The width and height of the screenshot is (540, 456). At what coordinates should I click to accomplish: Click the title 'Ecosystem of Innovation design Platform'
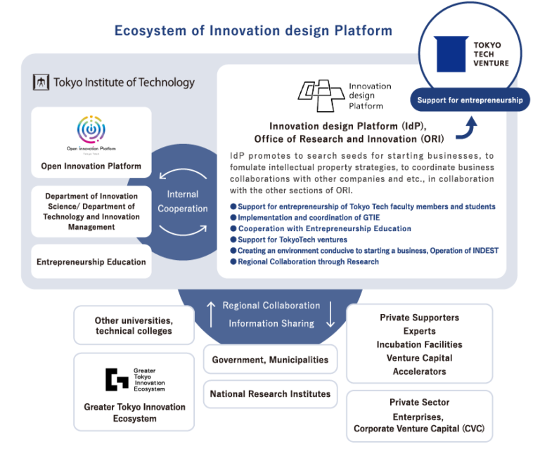253,31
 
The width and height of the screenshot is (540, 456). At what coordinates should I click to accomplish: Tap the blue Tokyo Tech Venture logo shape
451,54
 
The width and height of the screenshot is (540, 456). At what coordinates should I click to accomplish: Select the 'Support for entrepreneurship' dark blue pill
470,100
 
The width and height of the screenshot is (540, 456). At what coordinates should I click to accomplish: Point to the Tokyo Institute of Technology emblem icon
41,82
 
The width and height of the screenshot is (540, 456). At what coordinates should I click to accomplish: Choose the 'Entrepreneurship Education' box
91,262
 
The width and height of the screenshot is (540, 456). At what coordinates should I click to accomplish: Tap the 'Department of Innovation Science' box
91,211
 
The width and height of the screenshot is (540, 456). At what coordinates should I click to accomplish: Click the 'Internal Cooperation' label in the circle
183,201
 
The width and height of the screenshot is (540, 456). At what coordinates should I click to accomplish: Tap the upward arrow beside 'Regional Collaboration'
210,314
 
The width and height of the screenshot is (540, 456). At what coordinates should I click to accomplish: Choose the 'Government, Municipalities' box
270,360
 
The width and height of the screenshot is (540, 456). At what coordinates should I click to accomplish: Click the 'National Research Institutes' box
270,393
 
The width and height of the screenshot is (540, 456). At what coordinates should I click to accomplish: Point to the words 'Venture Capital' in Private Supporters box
420,358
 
